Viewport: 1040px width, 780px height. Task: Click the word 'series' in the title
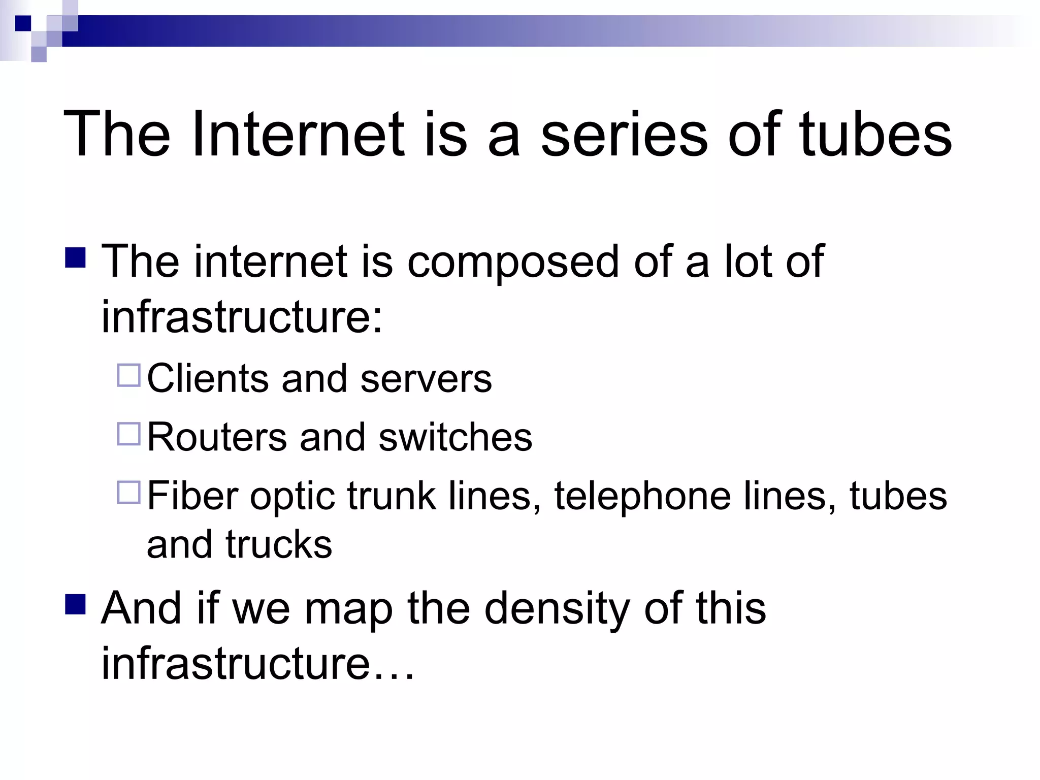click(624, 135)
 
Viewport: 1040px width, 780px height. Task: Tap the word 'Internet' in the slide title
click(298, 135)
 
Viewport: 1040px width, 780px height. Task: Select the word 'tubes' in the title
click(875, 135)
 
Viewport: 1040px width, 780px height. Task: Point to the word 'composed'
click(513, 263)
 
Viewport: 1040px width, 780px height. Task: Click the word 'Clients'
click(208, 378)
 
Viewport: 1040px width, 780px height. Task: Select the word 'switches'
click(455, 437)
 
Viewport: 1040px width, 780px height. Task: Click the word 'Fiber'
click(192, 496)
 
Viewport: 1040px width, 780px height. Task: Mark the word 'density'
click(557, 609)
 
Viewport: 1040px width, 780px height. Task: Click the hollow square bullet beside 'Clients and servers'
click(128, 376)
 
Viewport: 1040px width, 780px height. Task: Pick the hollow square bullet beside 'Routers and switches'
click(128, 434)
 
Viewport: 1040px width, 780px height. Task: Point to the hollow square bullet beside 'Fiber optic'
click(128, 493)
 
